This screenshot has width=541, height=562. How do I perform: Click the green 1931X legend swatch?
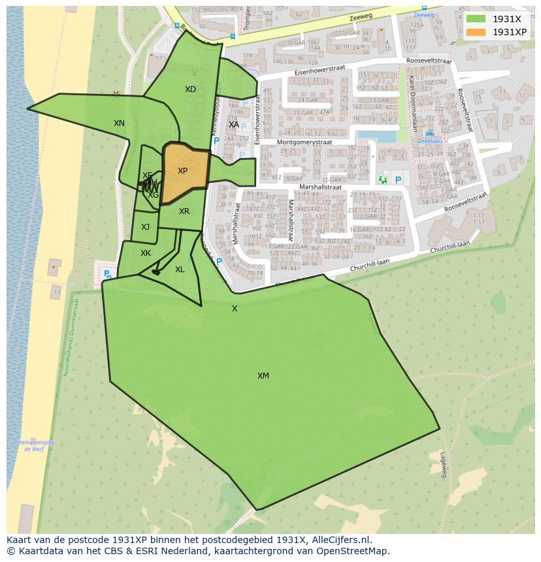[476, 19]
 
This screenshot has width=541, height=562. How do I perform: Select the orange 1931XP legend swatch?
[476, 32]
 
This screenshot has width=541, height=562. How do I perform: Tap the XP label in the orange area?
[182, 172]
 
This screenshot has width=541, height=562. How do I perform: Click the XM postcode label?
[263, 376]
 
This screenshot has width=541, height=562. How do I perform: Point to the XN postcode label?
[119, 123]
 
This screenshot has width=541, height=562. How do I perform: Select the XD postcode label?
[190, 89]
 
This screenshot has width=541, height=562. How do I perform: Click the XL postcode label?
[180, 270]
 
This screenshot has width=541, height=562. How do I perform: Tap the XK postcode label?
[146, 253]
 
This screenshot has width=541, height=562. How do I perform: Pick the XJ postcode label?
[145, 227]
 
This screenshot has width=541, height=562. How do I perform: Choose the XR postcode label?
[184, 211]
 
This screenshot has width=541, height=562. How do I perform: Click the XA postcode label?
[233, 125]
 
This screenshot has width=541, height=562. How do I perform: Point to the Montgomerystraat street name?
[304, 142]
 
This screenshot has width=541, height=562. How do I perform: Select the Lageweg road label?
[443, 465]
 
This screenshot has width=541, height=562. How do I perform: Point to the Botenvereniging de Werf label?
[33, 446]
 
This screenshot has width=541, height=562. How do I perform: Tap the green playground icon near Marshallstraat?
[383, 179]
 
